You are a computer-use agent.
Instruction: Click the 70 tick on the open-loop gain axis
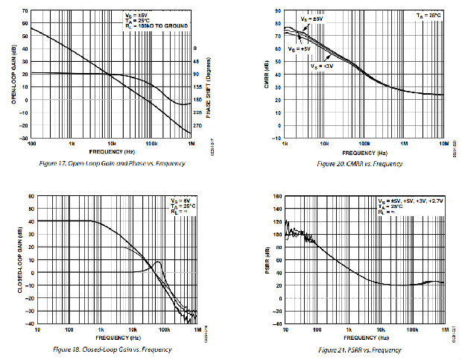pyautogui.click(x=25, y=11)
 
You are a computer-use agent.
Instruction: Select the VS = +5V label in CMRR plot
pyautogui.click(x=299, y=48)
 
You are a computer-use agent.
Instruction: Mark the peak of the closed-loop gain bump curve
pyautogui.click(x=157, y=262)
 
